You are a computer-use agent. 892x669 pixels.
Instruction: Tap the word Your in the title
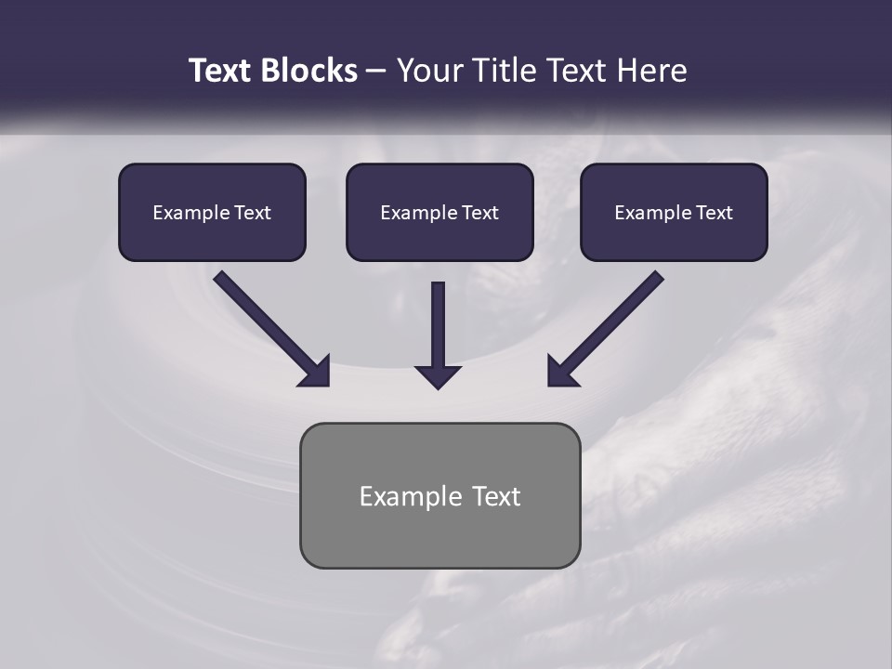[429, 71]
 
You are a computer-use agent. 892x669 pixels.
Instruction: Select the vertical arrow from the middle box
[439, 325]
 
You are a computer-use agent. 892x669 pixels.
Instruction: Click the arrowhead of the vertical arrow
[439, 376]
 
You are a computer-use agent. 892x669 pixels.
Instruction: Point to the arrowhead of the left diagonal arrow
[316, 372]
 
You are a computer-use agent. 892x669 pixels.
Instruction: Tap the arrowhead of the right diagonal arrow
[560, 372]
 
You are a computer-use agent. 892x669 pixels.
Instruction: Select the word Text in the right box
[715, 213]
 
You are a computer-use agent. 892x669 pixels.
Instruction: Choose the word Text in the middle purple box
[480, 213]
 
